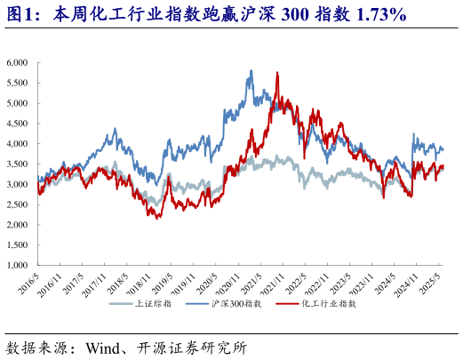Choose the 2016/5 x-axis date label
(29, 281)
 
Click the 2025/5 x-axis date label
(435, 281)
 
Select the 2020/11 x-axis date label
(232, 283)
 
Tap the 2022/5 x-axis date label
(299, 281)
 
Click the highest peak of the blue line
(251, 70)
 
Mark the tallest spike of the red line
(277, 73)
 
